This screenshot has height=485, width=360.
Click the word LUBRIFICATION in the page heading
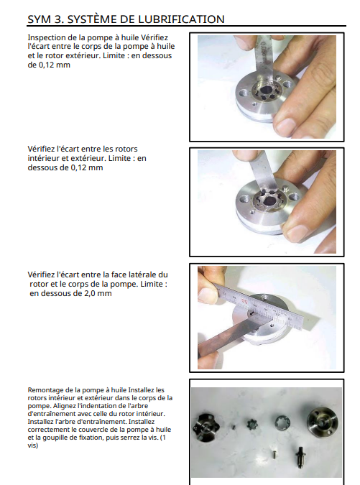click(x=180, y=19)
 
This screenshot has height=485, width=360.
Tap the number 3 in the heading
click(x=57, y=19)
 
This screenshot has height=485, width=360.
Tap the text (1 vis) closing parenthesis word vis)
click(x=33, y=445)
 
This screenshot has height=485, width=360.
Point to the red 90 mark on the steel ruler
click(x=244, y=301)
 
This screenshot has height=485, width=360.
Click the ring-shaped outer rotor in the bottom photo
click(x=282, y=422)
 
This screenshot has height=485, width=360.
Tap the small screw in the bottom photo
click(x=273, y=454)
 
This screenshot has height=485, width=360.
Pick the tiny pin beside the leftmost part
click(x=234, y=427)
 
